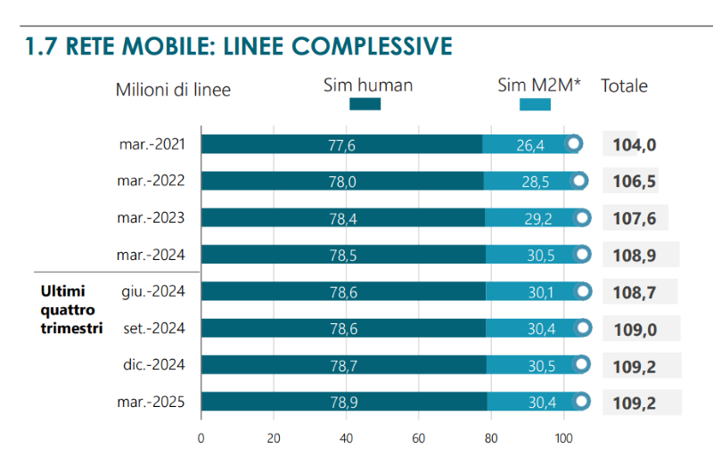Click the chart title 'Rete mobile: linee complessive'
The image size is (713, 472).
tap(239, 46)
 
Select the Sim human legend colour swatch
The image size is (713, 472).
tap(365, 104)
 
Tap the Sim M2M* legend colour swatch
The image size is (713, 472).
tap(535, 104)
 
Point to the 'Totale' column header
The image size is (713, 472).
tap(624, 86)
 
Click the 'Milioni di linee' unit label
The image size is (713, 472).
tap(173, 89)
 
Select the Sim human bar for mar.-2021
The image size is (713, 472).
tap(341, 144)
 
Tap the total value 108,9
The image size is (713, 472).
tap(635, 256)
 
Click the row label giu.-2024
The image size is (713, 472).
tap(152, 291)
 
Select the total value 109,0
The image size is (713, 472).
tap(635, 330)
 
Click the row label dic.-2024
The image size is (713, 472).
tap(152, 365)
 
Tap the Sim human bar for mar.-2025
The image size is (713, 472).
tap(344, 403)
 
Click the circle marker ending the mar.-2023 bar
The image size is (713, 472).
tap(584, 217)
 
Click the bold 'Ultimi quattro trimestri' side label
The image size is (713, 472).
tap(72, 309)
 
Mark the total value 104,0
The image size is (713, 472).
tap(635, 145)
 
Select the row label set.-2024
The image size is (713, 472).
tap(152, 329)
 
